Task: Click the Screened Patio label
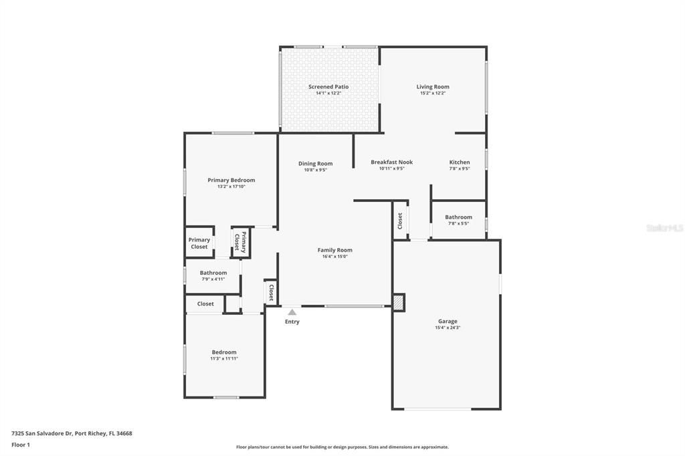(x=328, y=87)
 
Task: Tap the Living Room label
(x=433, y=87)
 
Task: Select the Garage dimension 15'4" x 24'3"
(x=448, y=328)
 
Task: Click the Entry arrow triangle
(x=292, y=312)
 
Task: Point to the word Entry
(x=292, y=322)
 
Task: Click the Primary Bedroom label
(x=231, y=181)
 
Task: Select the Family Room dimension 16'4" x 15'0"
(x=334, y=256)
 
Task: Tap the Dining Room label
(x=315, y=164)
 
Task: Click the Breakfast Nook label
(x=391, y=162)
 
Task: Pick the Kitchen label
(x=460, y=162)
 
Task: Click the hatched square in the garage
(x=399, y=303)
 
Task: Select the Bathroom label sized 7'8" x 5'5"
(x=458, y=217)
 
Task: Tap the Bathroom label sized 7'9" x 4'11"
(x=213, y=273)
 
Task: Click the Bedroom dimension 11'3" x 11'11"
(x=224, y=358)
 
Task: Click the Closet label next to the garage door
(x=400, y=220)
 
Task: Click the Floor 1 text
(x=21, y=445)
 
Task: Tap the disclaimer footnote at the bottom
(x=342, y=447)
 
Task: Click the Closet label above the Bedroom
(x=205, y=304)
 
